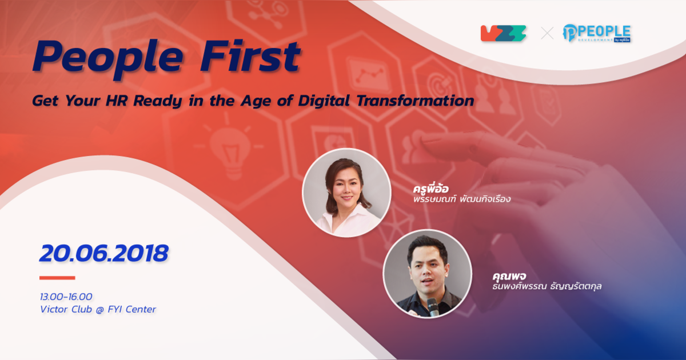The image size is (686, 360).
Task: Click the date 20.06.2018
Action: tap(103, 253)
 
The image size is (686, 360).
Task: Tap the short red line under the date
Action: tap(57, 278)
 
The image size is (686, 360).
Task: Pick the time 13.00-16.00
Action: tap(66, 297)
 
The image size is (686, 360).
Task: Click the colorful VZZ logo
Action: tap(503, 33)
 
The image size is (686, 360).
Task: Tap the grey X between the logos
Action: tap(547, 33)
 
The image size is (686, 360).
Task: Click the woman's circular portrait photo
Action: tap(346, 193)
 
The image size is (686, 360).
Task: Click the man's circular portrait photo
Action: tap(427, 274)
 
